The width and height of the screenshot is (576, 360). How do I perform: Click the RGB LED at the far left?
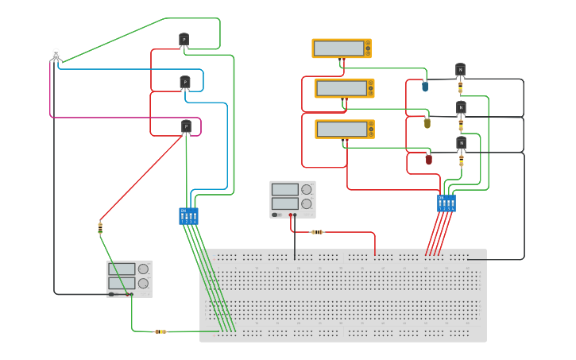[x=56, y=55]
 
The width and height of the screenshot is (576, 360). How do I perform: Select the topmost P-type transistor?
[x=184, y=39]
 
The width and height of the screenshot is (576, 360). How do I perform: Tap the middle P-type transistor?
[x=185, y=81]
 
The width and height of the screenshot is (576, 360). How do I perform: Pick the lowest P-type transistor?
[x=186, y=126]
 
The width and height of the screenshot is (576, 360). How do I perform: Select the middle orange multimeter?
[x=344, y=88]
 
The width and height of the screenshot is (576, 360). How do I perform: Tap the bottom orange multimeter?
[x=344, y=129]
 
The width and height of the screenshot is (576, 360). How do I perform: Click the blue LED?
[x=425, y=86]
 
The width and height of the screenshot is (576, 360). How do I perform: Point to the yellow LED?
[x=427, y=122]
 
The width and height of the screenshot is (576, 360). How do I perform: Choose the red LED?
[x=428, y=159]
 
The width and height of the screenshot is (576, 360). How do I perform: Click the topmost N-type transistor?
[x=460, y=70]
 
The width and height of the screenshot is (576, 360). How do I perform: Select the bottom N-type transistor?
[x=461, y=143]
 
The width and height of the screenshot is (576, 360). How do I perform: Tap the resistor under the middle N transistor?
[x=461, y=126]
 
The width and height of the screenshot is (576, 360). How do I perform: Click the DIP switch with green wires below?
[x=188, y=216]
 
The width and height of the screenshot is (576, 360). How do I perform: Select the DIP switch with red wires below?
[x=446, y=203]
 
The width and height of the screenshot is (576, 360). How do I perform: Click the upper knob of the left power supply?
[x=143, y=269]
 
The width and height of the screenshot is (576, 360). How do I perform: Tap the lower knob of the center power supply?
[x=306, y=203]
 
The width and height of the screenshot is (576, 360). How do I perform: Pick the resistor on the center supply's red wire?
[x=317, y=232]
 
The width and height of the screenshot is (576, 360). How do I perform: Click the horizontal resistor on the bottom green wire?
[x=160, y=331]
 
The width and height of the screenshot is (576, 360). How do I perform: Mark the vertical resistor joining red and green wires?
[x=100, y=228]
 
